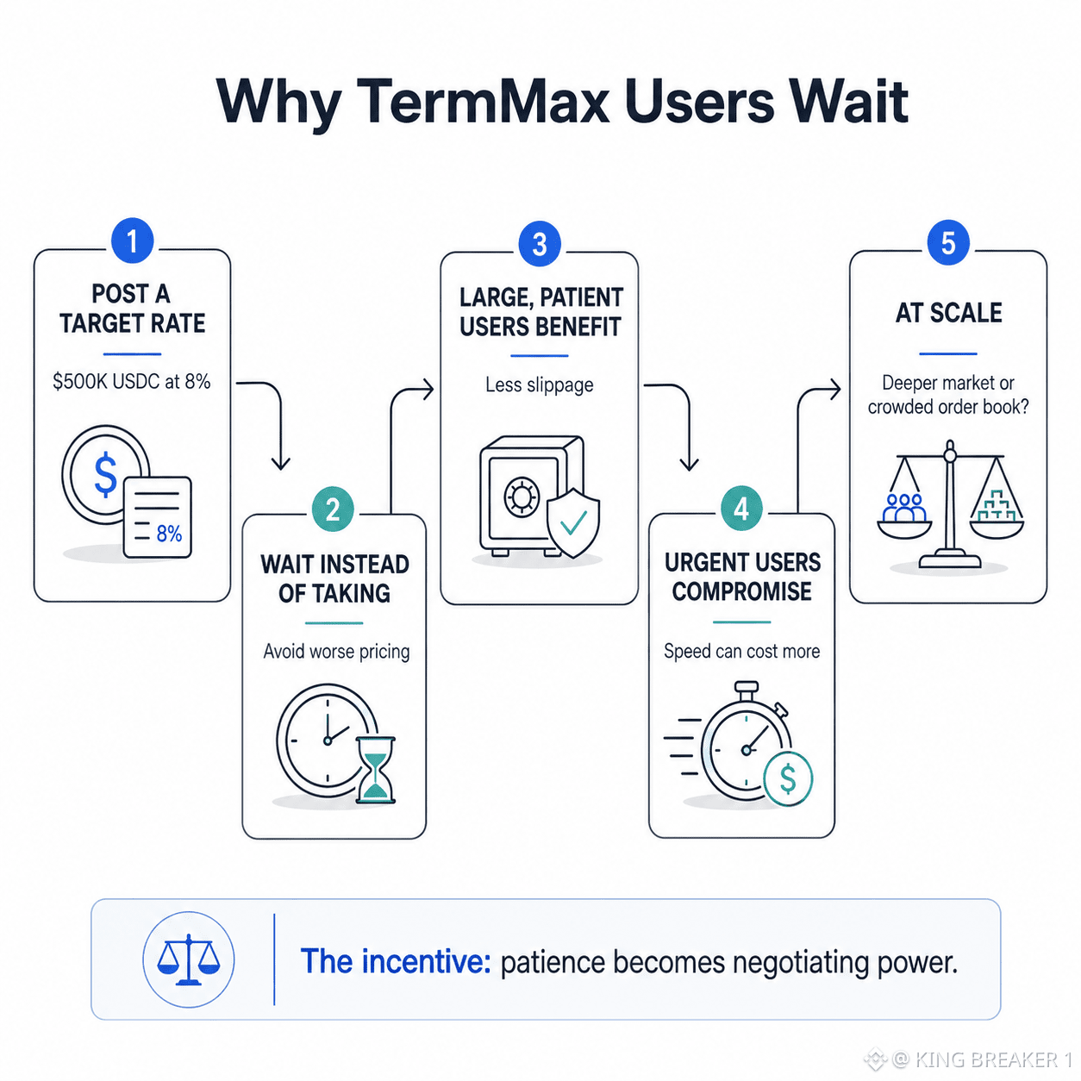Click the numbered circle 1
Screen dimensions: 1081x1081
(x=132, y=241)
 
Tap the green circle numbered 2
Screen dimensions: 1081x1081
(x=333, y=509)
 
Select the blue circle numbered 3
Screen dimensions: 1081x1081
(x=539, y=243)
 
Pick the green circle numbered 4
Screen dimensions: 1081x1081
(x=741, y=509)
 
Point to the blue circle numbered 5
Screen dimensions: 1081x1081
(x=948, y=242)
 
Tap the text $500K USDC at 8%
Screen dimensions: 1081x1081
(x=132, y=382)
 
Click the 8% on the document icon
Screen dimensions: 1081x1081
(x=169, y=533)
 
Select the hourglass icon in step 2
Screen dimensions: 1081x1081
(x=376, y=770)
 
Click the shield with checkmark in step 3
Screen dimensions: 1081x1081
(x=572, y=523)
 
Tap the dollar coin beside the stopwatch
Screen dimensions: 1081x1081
(x=788, y=778)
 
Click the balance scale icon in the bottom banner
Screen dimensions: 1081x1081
(x=189, y=959)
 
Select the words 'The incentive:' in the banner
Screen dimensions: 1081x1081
(x=396, y=961)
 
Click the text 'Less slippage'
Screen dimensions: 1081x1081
(x=539, y=384)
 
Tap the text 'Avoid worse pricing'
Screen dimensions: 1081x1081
(x=336, y=652)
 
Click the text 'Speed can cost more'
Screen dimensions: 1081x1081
(x=741, y=651)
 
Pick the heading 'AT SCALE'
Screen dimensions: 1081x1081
(x=948, y=312)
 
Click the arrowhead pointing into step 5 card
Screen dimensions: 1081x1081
(x=834, y=389)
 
